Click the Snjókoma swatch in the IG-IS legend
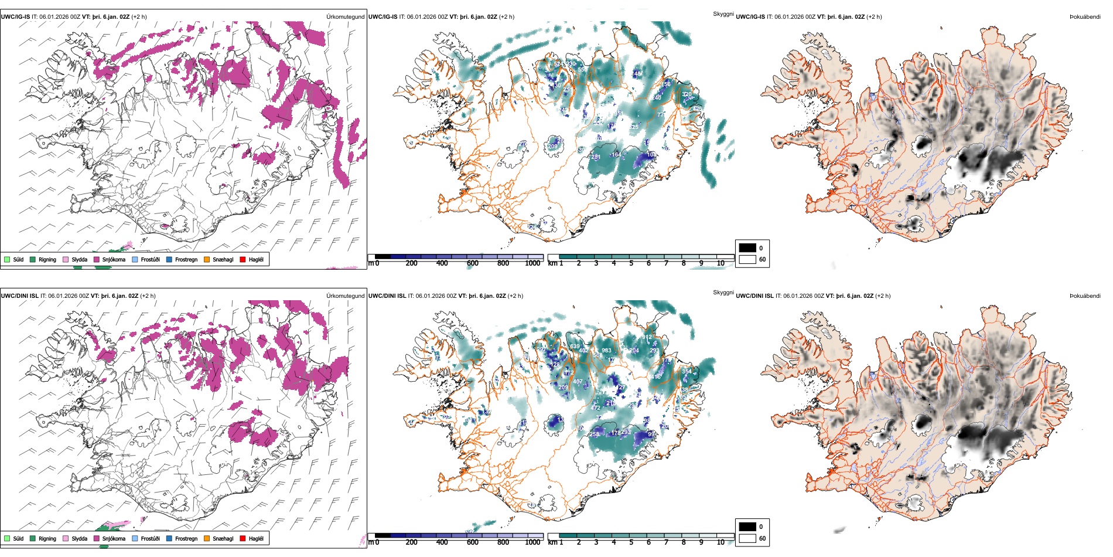[x=97, y=259]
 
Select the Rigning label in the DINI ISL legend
[x=47, y=538]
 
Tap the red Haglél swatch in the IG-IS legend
[x=243, y=259]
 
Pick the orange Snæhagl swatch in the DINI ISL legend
[x=207, y=538]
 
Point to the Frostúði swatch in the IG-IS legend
[x=135, y=259]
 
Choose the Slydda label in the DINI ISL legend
[x=79, y=538]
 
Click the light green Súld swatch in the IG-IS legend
[x=7, y=259]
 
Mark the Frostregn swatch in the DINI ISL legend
[x=169, y=538]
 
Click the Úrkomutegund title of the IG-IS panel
[x=345, y=16]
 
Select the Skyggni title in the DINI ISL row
[x=723, y=292]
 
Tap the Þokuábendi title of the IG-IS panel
[x=1085, y=16]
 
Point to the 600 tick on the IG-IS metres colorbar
[x=473, y=263]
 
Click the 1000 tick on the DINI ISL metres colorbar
[x=532, y=542]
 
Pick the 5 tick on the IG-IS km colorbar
[x=631, y=263]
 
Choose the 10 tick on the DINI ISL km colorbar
[x=721, y=542]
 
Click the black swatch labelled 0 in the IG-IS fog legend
[x=747, y=247]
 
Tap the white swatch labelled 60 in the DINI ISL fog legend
[x=747, y=538]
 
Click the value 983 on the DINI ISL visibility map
[x=606, y=351]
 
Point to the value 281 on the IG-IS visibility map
[x=596, y=157]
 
